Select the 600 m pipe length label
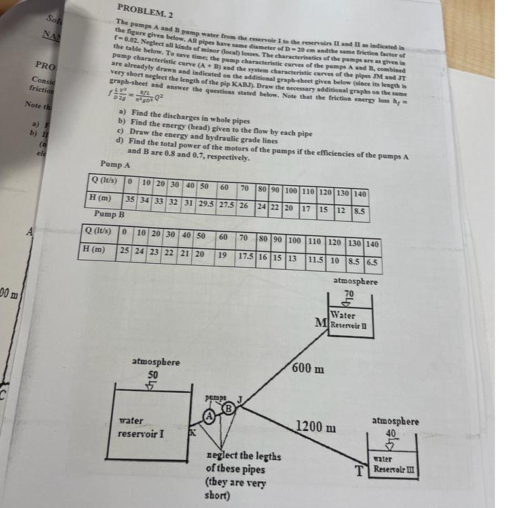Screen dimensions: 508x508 click(x=308, y=367)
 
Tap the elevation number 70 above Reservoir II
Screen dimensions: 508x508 click(x=349, y=293)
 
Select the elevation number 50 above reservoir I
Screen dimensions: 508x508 click(x=153, y=374)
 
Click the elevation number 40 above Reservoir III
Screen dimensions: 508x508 click(x=391, y=433)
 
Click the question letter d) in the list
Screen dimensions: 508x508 click(x=120, y=141)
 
